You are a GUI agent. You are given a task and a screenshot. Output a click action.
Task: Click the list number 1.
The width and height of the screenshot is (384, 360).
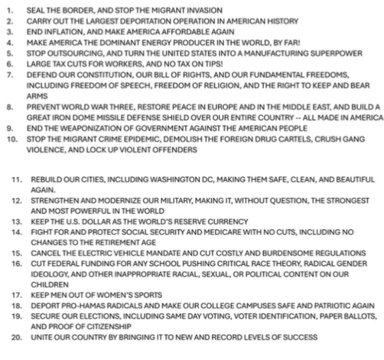click(x=10, y=10)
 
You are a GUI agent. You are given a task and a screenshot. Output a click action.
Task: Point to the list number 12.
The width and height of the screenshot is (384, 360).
click(x=17, y=201)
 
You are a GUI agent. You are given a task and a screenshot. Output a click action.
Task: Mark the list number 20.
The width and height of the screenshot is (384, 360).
click(x=17, y=338)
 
